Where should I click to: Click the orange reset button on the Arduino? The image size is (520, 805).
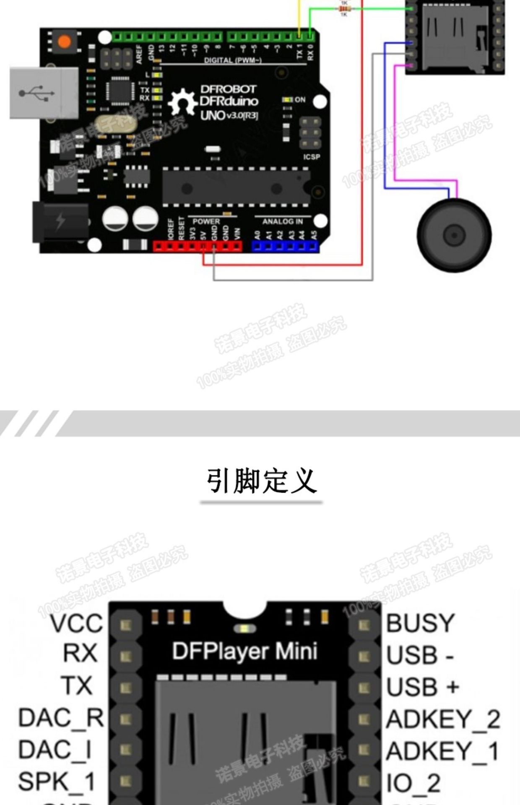(x=64, y=42)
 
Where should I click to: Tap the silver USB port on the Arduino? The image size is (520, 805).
(x=44, y=93)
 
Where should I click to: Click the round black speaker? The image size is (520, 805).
(x=454, y=235)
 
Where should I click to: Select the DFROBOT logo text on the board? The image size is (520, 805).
(x=228, y=89)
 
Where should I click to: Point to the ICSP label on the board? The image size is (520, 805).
(x=311, y=157)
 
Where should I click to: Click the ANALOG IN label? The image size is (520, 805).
(x=282, y=221)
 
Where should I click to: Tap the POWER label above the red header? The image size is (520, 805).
(x=206, y=221)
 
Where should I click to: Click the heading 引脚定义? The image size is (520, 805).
(x=261, y=481)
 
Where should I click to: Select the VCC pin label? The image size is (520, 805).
(x=77, y=623)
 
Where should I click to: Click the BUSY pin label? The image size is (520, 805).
(x=420, y=623)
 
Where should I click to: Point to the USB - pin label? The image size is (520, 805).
(x=420, y=655)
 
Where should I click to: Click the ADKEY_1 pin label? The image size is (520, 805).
(x=442, y=751)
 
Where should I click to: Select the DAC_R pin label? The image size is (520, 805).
(x=61, y=718)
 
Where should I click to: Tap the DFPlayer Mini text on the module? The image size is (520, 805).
(x=244, y=651)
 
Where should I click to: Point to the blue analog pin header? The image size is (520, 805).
(x=285, y=247)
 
